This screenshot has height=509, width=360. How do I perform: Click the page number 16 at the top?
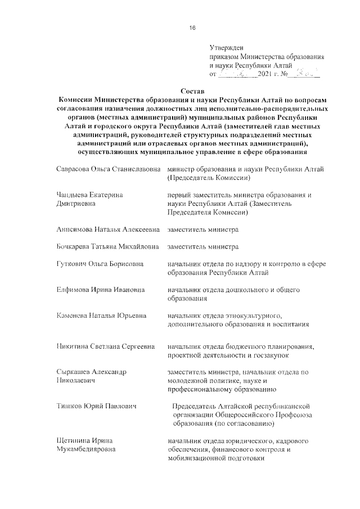pos(192,28)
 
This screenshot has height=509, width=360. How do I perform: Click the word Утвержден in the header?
pos(227,48)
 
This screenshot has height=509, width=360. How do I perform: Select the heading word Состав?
pos(192,91)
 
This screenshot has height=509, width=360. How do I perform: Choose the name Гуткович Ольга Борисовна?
pos(100,264)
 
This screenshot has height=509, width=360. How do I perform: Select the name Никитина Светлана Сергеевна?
pos(106,346)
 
